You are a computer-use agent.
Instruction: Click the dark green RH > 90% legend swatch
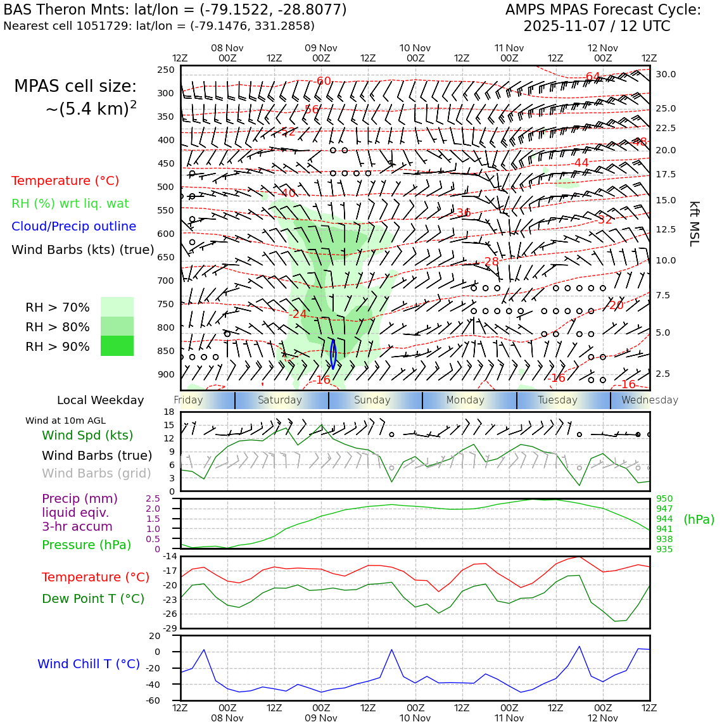(117, 346)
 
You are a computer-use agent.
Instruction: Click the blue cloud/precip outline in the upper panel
(332, 354)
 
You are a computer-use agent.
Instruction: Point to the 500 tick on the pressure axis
(166, 187)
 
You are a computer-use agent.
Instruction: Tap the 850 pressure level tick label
(166, 351)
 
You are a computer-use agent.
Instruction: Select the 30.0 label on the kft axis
(666, 74)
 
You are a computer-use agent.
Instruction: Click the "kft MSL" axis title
(694, 224)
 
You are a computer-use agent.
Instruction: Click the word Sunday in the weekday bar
(372, 400)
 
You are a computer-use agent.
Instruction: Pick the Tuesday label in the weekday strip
(557, 400)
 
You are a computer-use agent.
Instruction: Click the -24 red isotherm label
(298, 314)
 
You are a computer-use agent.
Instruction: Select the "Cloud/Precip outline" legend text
(73, 226)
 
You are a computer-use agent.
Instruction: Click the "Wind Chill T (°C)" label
(89, 664)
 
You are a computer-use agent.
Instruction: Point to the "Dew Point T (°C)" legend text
(93, 598)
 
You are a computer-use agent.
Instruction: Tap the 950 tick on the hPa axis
(664, 499)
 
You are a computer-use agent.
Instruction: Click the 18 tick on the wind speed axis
(169, 412)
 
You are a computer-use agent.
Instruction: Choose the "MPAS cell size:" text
(75, 87)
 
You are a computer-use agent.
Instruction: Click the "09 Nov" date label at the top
(321, 48)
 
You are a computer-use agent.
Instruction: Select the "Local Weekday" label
(101, 400)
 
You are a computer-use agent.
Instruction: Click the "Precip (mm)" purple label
(80, 498)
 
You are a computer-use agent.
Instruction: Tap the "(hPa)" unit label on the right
(699, 519)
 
